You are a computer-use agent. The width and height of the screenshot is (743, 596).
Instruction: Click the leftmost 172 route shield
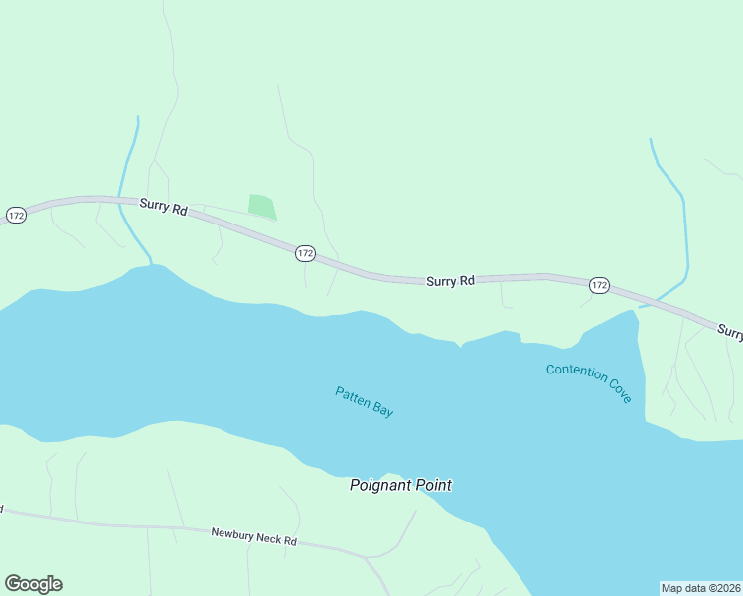16,215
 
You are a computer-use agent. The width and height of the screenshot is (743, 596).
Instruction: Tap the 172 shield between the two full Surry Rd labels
305,254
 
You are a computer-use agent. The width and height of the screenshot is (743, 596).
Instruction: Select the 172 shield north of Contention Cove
598,285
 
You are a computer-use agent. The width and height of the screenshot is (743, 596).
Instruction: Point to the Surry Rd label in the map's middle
450,281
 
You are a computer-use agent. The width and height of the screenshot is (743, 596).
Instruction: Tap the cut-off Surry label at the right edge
729,331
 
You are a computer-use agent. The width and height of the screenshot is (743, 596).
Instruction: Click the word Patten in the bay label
352,395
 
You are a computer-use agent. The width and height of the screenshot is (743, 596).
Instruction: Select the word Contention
575,373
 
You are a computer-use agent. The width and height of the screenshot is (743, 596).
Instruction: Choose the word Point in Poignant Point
433,485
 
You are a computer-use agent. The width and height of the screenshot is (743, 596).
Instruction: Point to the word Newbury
230,533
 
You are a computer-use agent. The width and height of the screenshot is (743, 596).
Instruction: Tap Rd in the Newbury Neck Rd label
291,542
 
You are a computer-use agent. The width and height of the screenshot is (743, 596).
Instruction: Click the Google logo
33,584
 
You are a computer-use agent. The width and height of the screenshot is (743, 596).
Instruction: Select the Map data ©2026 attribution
700,588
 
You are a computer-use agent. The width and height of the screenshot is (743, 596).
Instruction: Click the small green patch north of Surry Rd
261,206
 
